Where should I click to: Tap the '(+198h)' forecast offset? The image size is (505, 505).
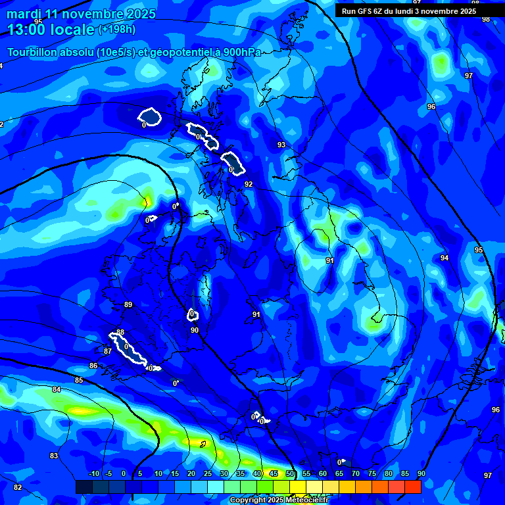pyautogui.click(x=117, y=30)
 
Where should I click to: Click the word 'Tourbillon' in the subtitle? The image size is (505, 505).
pyautogui.click(x=32, y=53)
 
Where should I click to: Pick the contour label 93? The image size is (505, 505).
pyautogui.click(x=281, y=145)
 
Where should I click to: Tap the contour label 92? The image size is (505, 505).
pyautogui.click(x=249, y=184)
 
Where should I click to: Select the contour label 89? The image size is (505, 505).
pyautogui.click(x=128, y=304)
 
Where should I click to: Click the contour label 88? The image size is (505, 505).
pyautogui.click(x=120, y=332)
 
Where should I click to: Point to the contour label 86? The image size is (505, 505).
pyautogui.click(x=93, y=366)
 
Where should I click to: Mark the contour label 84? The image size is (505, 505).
pyautogui.click(x=57, y=390)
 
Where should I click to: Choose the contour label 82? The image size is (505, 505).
pyautogui.click(x=18, y=487)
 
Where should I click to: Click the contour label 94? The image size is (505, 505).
pyautogui.click(x=445, y=258)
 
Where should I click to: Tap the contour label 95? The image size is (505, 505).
pyautogui.click(x=479, y=250)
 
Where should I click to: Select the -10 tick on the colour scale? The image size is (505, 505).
pyautogui.click(x=94, y=473)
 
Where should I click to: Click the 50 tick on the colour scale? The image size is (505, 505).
pyautogui.click(x=290, y=473)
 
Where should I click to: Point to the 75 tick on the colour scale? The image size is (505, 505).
pyautogui.click(x=372, y=473)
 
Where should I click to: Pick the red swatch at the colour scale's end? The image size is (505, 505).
pyautogui.click(x=412, y=487)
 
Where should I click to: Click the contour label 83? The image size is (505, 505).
pyautogui.click(x=54, y=456)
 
